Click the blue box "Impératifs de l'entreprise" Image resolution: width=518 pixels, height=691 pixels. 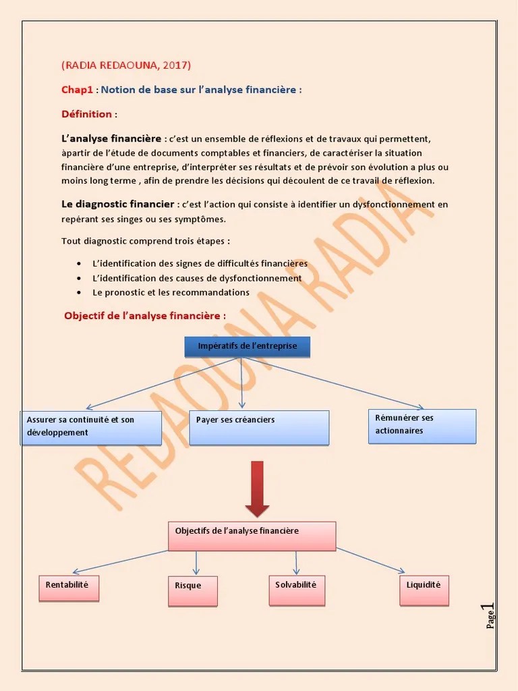[x=247, y=347]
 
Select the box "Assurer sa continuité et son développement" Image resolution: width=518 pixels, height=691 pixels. [x=91, y=428]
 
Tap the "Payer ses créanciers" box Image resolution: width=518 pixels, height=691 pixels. [x=259, y=428]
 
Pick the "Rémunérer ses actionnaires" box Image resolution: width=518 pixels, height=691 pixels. [x=422, y=426]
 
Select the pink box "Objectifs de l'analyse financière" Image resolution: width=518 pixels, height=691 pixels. [x=252, y=536]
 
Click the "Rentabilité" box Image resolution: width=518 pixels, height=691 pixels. [x=69, y=588]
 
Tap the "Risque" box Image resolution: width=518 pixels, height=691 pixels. [x=192, y=591]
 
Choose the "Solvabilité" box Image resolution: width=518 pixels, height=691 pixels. [x=296, y=590]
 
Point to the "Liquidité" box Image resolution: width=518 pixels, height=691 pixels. [x=424, y=590]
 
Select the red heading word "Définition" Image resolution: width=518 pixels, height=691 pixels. [x=86, y=114]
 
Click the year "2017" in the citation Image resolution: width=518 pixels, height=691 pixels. [x=175, y=65]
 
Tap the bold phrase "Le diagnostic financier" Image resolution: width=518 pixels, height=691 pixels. [x=118, y=204]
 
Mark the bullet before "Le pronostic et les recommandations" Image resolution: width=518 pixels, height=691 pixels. [x=79, y=293]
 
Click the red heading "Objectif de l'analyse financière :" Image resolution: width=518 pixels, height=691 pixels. [x=144, y=316]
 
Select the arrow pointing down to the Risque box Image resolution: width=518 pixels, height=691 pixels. [x=196, y=563]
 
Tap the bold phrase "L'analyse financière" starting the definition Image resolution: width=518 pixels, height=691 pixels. [x=111, y=138]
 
